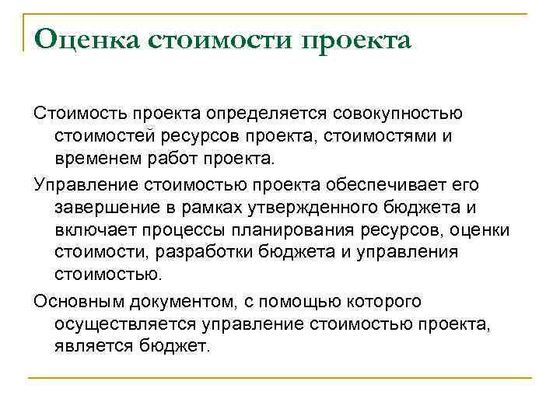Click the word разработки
218,252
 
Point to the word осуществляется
119,323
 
